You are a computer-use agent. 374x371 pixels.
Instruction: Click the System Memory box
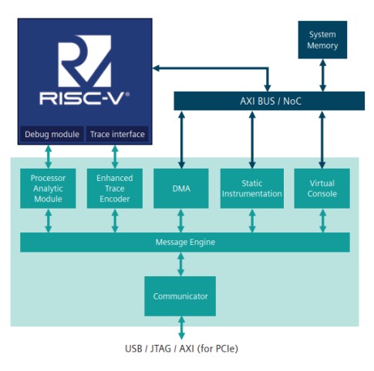(322, 40)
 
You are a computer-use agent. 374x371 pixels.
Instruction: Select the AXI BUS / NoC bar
(269, 101)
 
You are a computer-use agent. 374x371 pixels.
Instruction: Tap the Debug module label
(52, 134)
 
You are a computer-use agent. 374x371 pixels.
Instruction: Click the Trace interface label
(117, 134)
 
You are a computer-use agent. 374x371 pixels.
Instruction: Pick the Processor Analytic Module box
(48, 189)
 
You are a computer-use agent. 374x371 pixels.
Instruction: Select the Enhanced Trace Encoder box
(115, 189)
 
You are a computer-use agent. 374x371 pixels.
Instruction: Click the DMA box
(181, 189)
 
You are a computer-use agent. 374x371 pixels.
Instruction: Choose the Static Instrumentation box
(252, 189)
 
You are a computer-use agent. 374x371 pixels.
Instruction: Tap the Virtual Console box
(322, 189)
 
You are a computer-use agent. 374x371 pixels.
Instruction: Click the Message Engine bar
(185, 242)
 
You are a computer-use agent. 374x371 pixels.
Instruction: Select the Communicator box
(180, 296)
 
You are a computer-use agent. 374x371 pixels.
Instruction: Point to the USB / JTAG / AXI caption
(181, 349)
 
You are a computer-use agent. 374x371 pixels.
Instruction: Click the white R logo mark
(85, 61)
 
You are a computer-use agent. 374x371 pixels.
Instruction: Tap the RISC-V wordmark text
(84, 99)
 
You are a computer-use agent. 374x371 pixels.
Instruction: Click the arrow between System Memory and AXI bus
(322, 75)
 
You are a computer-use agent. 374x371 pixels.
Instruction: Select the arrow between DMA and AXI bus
(182, 139)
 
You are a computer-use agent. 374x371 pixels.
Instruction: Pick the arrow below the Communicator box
(181, 328)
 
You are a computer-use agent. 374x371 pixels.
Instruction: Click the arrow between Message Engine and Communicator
(181, 264)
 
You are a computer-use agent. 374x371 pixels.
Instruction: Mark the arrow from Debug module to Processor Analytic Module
(49, 157)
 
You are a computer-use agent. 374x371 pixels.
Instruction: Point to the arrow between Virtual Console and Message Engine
(322, 221)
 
